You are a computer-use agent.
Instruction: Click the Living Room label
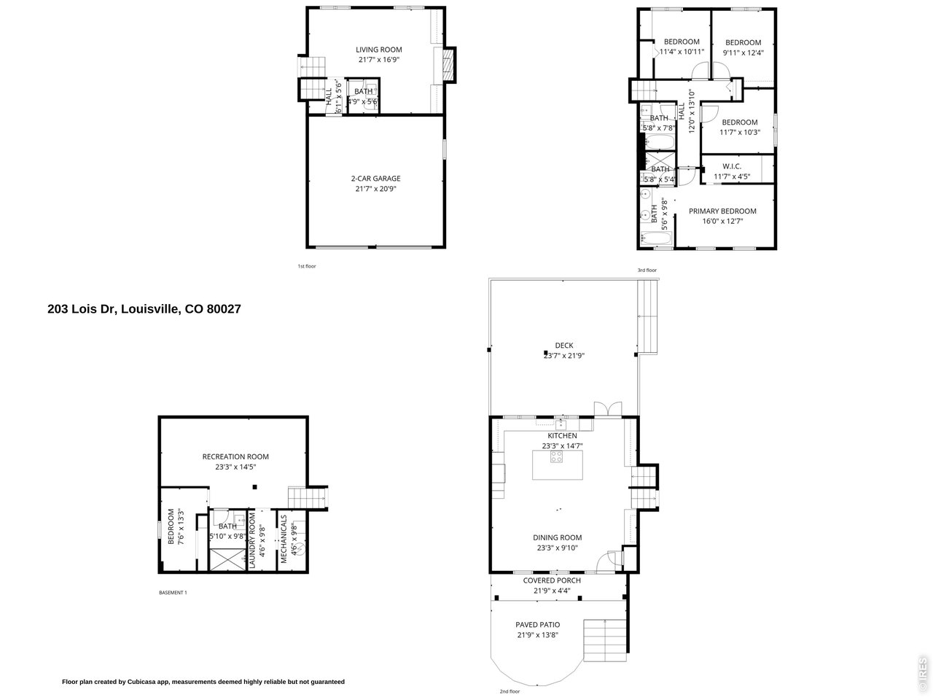(378, 50)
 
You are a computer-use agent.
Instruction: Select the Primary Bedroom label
(722, 211)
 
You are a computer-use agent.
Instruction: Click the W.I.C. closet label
(732, 166)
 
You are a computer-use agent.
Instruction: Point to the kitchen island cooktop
(556, 457)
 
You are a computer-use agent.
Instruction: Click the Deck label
(563, 346)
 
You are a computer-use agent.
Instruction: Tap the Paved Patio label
(538, 625)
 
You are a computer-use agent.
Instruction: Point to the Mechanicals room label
(284, 539)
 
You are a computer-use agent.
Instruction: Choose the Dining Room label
(557, 538)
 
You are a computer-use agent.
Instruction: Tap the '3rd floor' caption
(647, 271)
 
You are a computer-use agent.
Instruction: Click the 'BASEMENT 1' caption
(173, 593)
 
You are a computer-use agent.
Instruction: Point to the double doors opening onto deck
(606, 408)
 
